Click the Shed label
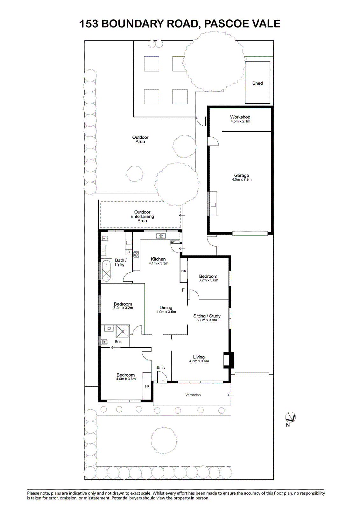click(258, 83)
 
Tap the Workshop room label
click(240, 117)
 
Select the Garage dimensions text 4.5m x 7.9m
click(242, 179)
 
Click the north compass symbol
click(290, 417)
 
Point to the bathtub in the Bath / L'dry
click(106, 271)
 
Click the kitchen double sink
click(161, 236)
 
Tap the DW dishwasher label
click(172, 242)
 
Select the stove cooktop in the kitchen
click(136, 254)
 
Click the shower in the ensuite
click(123, 331)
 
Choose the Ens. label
click(118, 342)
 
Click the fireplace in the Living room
click(229, 360)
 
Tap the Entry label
click(161, 367)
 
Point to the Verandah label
click(193, 395)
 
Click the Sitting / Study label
click(207, 316)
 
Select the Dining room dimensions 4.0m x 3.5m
click(166, 312)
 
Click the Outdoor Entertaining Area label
click(142, 216)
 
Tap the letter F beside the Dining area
click(183, 290)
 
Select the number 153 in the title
click(89, 24)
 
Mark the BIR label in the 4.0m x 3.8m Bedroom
click(147, 387)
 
